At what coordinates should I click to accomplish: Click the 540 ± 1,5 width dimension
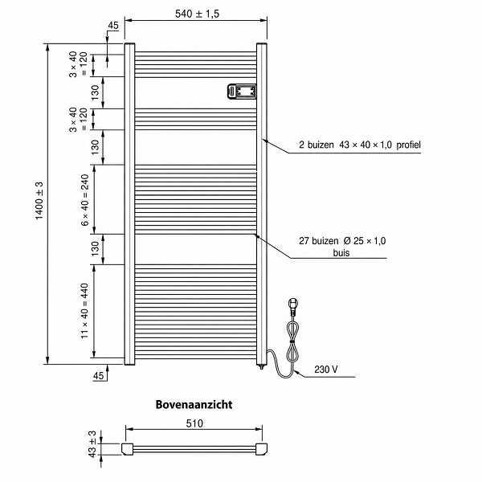pos(197,14)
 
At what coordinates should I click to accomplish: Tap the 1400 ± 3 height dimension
pos(39,201)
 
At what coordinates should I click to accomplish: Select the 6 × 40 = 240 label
pos(85,200)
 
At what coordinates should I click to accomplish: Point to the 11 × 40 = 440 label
pos(84,311)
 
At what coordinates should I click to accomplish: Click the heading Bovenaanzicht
pos(194,405)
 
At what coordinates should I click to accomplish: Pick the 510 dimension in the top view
pos(194,423)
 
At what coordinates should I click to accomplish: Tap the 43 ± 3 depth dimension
pos(92,444)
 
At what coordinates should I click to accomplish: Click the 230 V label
pos(326,370)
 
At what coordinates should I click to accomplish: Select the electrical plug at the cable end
pos(293,306)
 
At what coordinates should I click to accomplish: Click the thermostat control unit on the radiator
pos(242,92)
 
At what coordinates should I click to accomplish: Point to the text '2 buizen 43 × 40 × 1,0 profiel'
pos(360,145)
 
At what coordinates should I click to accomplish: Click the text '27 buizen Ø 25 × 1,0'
pos(342,241)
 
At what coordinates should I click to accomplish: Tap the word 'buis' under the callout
pos(341,253)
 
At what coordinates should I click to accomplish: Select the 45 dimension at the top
pos(112,26)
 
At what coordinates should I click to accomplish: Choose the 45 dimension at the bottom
pos(98,376)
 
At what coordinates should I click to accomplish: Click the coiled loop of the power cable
pos(293,341)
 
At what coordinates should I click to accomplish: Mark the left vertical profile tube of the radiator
pos(129,204)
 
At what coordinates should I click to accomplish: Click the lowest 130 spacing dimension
pos(96,249)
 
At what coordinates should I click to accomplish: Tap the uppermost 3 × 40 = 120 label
pos(78,64)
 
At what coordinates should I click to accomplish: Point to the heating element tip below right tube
pos(262,366)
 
